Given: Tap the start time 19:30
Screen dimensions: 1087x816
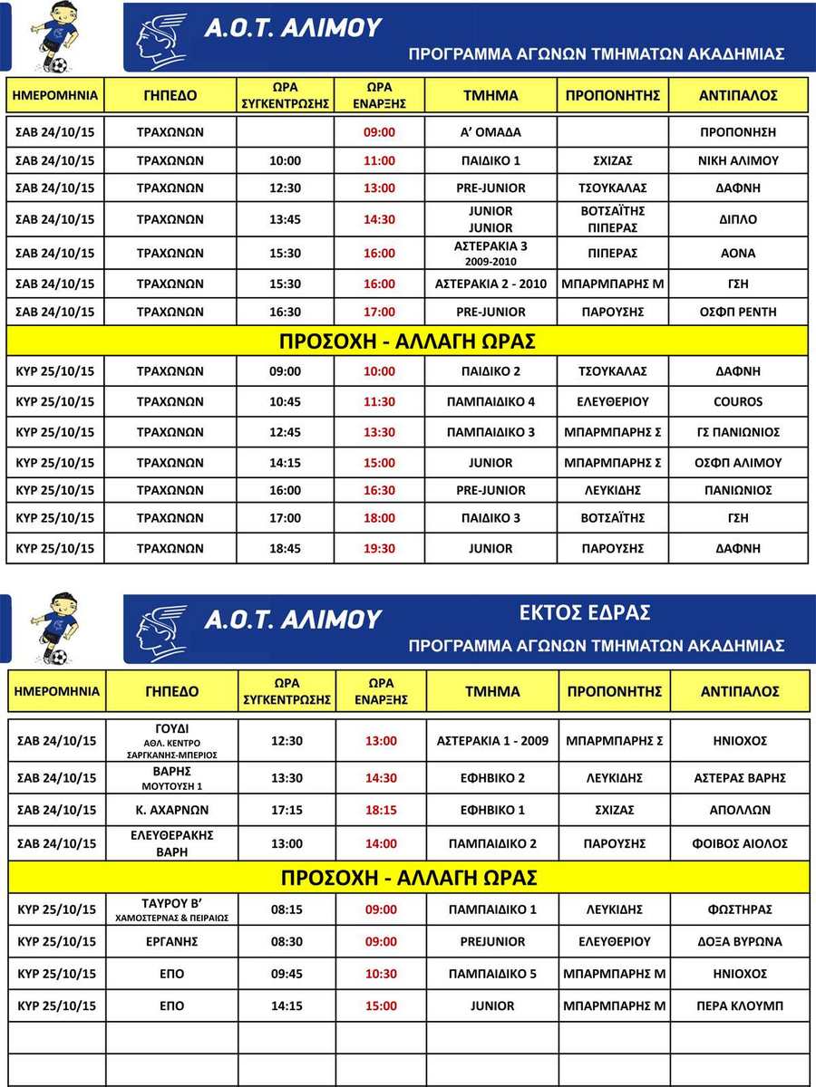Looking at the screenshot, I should coord(379,548).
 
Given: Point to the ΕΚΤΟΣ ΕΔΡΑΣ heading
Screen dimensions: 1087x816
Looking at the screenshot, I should coord(584,613).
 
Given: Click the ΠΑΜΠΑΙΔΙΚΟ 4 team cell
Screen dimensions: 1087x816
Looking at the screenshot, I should coord(490,401).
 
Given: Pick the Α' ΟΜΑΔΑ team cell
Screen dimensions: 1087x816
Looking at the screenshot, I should coord(490,131).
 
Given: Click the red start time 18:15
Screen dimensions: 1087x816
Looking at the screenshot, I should coord(381,810).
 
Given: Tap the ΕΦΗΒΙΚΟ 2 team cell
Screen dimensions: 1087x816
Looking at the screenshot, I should coord(491,777).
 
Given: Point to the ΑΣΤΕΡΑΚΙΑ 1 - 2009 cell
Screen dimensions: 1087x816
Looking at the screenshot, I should coord(491,741).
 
